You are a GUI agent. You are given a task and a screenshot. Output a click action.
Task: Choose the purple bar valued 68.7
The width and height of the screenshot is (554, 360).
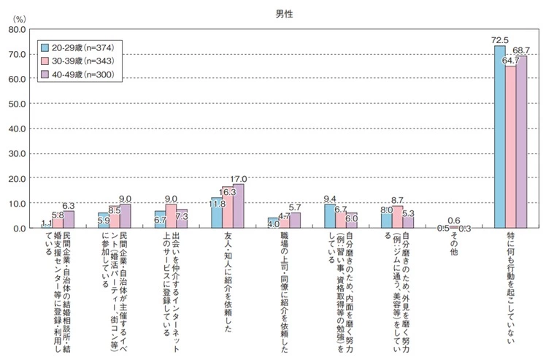[x=521, y=142]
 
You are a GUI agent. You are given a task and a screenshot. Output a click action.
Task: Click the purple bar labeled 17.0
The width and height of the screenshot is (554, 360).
[x=237, y=206]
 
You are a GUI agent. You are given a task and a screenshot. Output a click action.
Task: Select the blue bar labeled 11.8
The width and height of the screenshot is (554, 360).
[x=216, y=212]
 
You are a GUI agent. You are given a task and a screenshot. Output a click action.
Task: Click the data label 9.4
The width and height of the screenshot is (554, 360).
[x=329, y=198]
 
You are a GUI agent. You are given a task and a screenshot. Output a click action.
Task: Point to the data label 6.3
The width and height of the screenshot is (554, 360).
[x=67, y=206]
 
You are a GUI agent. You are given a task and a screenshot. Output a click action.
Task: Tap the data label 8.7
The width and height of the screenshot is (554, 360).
[x=398, y=199]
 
